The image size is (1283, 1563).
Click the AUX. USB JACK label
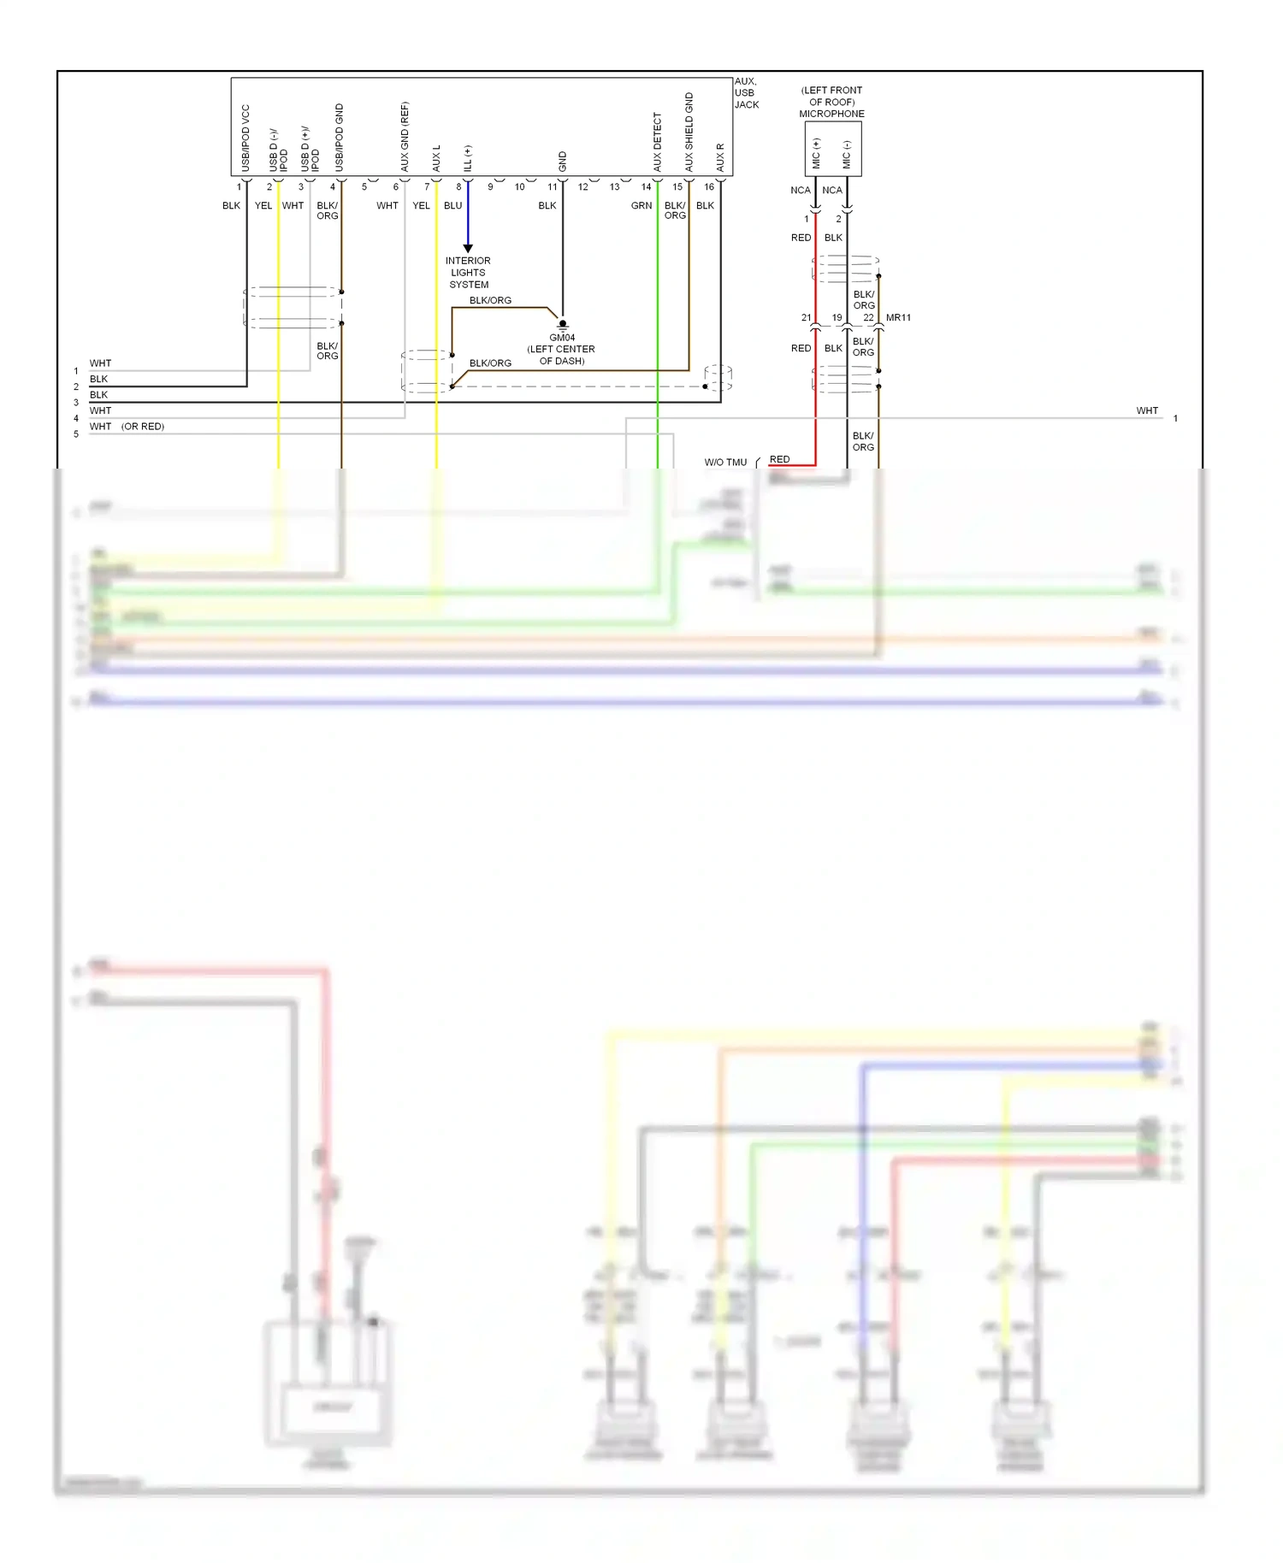tap(746, 93)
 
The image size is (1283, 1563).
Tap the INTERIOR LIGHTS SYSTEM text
tap(468, 273)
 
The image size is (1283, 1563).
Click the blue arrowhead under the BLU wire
tap(468, 248)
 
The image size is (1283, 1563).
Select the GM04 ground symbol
tap(562, 325)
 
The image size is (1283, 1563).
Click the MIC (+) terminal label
tap(816, 152)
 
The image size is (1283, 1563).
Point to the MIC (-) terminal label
tap(847, 154)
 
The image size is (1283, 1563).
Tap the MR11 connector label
tap(898, 317)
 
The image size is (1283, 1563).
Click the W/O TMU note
tap(725, 463)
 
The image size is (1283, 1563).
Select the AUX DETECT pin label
tap(658, 142)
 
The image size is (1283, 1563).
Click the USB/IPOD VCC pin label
tap(245, 138)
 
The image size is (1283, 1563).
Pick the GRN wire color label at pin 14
tap(641, 206)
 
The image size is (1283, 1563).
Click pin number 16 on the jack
tap(709, 186)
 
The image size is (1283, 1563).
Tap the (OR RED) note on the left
tap(143, 427)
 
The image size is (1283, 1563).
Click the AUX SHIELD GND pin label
tap(689, 132)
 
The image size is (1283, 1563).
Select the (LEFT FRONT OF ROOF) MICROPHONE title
tap(831, 102)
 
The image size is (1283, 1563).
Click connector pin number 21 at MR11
tap(806, 317)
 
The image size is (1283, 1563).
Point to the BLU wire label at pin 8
tap(452, 206)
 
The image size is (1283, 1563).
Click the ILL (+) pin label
tap(468, 157)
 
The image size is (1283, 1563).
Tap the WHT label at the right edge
tap(1147, 411)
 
